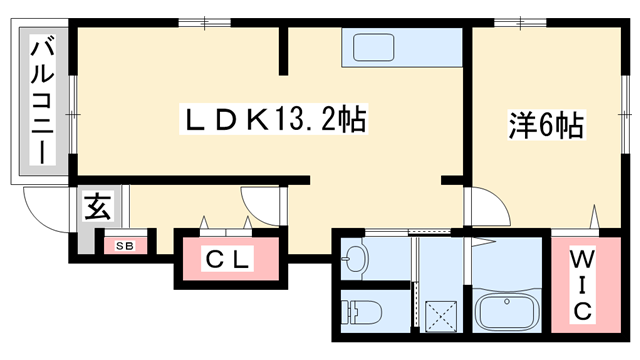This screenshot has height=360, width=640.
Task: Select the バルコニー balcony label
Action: point(43,101)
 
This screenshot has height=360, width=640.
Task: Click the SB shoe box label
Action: point(126,244)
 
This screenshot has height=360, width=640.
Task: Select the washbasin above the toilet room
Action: point(354,260)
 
